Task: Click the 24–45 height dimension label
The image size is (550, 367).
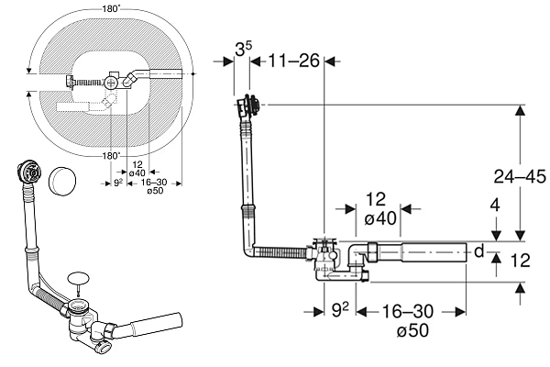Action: pyautogui.click(x=520, y=176)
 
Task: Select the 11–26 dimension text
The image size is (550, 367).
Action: pyautogui.click(x=294, y=61)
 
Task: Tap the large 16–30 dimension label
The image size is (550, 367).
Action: pyautogui.click(x=408, y=311)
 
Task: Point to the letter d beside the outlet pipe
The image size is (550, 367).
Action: pyautogui.click(x=479, y=251)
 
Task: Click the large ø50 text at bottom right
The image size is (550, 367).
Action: pyautogui.click(x=412, y=330)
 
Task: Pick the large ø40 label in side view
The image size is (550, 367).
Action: pyautogui.click(x=380, y=218)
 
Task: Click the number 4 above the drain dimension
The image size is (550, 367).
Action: pyautogui.click(x=495, y=206)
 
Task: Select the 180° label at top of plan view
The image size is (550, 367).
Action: pyautogui.click(x=111, y=9)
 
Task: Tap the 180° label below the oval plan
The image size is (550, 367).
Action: pyautogui.click(x=112, y=156)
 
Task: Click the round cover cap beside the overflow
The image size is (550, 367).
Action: pyautogui.click(x=62, y=180)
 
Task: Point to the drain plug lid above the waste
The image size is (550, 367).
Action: pyautogui.click(x=79, y=278)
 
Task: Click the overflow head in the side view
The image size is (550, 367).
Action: pyautogui.click(x=249, y=105)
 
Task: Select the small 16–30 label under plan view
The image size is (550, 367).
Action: pyautogui.click(x=154, y=183)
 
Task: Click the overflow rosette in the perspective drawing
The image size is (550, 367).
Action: pyautogui.click(x=30, y=171)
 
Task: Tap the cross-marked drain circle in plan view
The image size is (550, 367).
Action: pyautogui.click(x=112, y=83)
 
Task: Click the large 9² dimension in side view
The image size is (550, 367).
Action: pyautogui.click(x=340, y=310)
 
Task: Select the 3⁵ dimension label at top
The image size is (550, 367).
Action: pyautogui.click(x=243, y=50)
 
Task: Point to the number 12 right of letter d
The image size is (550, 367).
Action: pyautogui.click(x=520, y=261)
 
